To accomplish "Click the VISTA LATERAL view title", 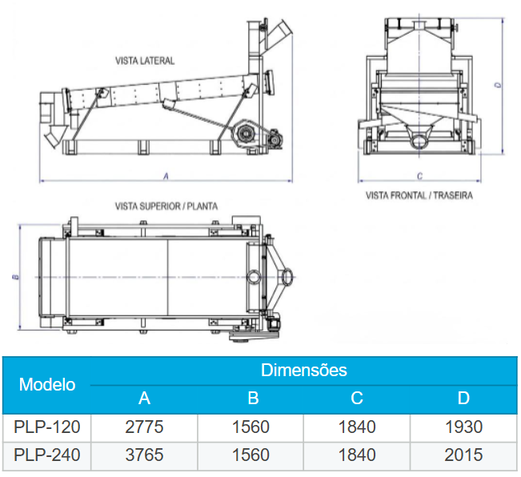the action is click(145, 61).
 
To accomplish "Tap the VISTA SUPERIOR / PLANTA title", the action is click(166, 206).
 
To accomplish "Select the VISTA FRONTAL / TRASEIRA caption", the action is click(419, 195).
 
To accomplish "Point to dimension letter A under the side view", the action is click(166, 176).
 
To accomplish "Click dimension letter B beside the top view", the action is click(17, 277).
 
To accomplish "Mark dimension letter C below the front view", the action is click(419, 176).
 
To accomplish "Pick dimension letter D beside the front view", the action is click(498, 85).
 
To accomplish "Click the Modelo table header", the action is click(47, 385).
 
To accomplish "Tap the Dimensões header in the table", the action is click(303, 370).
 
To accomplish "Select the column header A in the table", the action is click(144, 398).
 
